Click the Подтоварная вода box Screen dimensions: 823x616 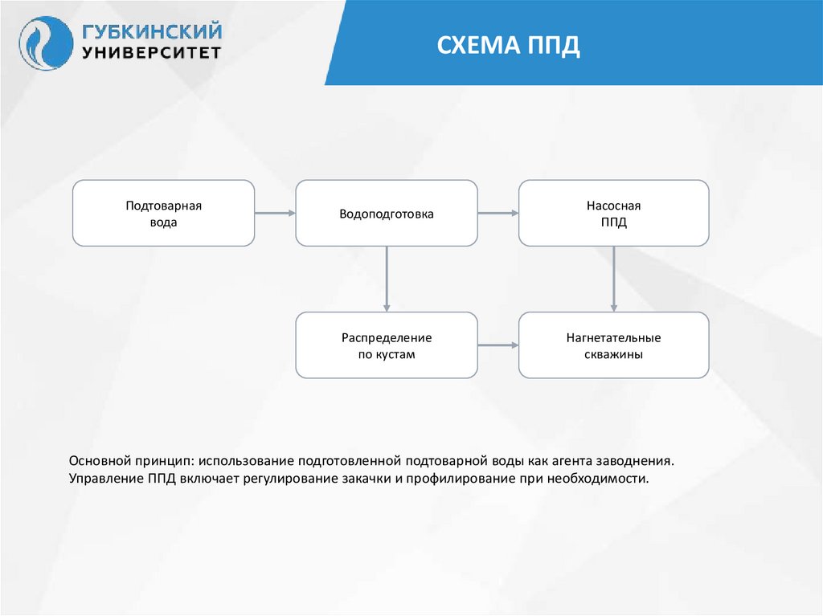(x=163, y=213)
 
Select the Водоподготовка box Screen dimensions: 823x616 (x=386, y=213)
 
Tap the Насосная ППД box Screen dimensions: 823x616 (x=613, y=213)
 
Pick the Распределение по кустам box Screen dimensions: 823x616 (x=386, y=345)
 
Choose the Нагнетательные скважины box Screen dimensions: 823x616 (x=613, y=345)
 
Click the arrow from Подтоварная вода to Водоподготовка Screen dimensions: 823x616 (x=275, y=213)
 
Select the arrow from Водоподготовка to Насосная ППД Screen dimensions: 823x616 (x=497, y=213)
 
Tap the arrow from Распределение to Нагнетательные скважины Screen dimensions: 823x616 (x=497, y=345)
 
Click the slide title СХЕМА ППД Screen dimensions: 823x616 (x=508, y=45)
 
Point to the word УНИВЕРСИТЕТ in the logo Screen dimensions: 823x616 (x=151, y=53)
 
